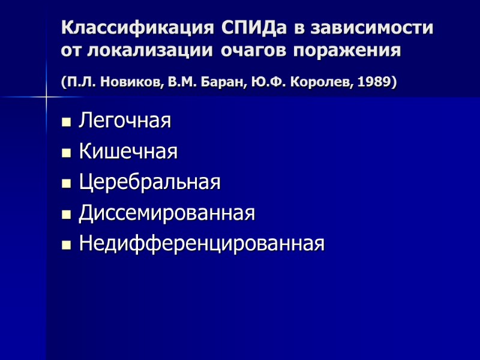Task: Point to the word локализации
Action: (149, 50)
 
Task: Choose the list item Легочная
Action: (125, 121)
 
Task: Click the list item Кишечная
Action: (128, 152)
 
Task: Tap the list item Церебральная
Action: (149, 182)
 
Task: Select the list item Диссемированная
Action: (167, 213)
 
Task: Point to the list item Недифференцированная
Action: (202, 244)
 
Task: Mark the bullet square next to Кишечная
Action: (66, 154)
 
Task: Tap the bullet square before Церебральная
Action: (66, 184)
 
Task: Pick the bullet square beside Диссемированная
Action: (66, 215)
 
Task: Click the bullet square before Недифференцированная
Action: (66, 245)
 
